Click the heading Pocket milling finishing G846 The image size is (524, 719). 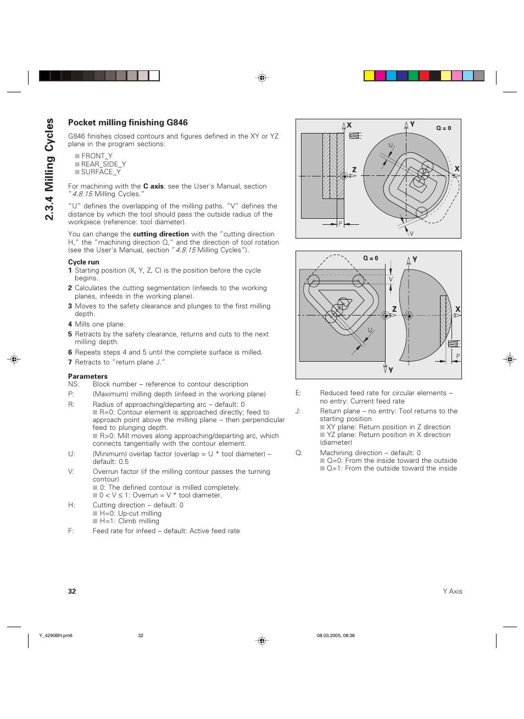pos(127,123)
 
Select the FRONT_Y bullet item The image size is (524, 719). pos(96,156)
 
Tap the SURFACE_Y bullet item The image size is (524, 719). pos(101,172)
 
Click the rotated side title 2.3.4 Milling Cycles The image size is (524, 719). pos(49,169)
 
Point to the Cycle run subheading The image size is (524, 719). pos(83,262)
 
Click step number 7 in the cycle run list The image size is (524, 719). pos(70,362)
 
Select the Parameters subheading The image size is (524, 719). pos(87,377)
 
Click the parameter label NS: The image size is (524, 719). pos(73,384)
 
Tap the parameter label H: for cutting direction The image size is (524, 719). pos(71,505)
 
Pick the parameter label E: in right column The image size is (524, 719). pos(298,393)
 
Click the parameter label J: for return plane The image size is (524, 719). pos(298,411)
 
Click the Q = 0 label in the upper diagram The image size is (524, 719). pos(443,128)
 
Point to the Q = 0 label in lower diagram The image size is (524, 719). pos(370,258)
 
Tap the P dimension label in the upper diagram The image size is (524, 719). pos(340,224)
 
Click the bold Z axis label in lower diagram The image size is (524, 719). pos(394,309)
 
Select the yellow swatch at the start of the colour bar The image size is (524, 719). pos(369,76)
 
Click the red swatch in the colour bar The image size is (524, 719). pos(424,76)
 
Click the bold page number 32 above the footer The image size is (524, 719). pos(72,591)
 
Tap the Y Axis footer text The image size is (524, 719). pos(452,591)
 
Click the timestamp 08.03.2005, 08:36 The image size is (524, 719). pos(336,635)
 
